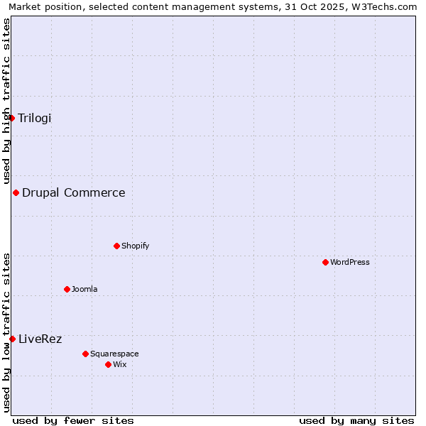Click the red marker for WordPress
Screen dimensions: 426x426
point(325,262)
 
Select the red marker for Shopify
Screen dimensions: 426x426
point(116,246)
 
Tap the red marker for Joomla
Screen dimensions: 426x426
point(67,289)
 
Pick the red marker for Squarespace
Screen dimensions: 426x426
point(85,354)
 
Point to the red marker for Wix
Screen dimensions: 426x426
point(108,364)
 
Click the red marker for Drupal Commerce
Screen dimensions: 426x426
point(16,192)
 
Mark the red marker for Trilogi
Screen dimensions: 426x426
point(12,118)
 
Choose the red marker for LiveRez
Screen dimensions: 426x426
point(12,339)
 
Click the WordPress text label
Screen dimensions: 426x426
point(350,262)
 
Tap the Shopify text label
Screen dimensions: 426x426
point(135,246)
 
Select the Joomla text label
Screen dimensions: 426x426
point(84,289)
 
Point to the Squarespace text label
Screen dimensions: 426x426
point(114,354)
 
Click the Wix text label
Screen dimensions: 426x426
point(120,364)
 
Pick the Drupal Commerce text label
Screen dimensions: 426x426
point(74,192)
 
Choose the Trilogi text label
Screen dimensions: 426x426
point(35,118)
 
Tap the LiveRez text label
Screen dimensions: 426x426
point(40,339)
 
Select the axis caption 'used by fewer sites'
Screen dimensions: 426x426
point(73,420)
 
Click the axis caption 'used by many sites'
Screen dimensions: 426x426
point(356,420)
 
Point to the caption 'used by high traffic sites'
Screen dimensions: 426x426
point(6,102)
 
